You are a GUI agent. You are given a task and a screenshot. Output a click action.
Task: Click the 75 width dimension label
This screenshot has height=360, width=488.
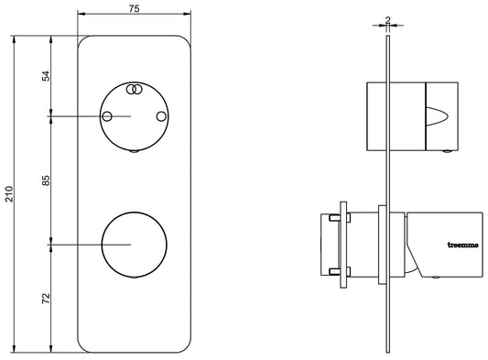(134, 9)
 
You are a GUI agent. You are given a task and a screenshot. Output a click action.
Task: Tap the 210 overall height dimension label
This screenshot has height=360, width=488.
(9, 194)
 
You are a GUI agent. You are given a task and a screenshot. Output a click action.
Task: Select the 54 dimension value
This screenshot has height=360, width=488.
(46, 76)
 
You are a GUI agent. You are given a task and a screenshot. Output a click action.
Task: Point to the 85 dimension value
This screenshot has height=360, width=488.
(46, 180)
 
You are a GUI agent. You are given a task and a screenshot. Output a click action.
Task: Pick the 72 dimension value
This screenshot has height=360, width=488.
(46, 299)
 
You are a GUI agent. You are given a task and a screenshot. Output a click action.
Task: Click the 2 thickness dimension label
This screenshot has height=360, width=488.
(387, 20)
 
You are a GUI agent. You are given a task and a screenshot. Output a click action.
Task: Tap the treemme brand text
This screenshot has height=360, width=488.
(462, 245)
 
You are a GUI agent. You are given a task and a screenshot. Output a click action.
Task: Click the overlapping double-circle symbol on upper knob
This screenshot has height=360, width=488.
(135, 90)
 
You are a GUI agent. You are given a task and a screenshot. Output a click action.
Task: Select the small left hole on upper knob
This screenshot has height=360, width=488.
(107, 116)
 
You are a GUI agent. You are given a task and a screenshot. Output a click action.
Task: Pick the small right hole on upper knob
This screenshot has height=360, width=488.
(161, 116)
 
